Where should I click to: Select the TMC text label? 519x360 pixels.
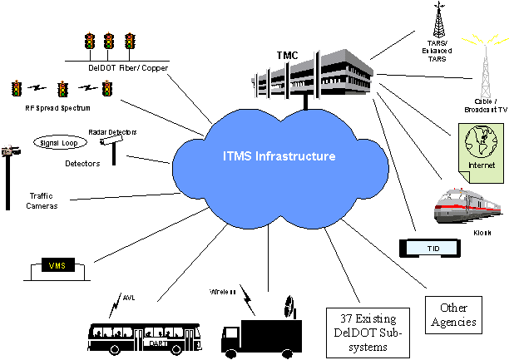[x=286, y=55]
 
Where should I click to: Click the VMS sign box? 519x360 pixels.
[x=57, y=265]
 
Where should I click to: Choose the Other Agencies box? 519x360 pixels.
[x=454, y=314]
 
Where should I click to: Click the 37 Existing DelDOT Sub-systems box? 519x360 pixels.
[x=367, y=331]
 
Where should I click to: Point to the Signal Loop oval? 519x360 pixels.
[x=60, y=142]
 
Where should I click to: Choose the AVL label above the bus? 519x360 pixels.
[x=128, y=297]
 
